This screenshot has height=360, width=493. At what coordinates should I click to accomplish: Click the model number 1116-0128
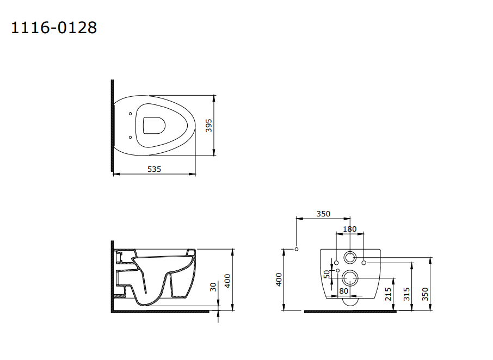click(54, 28)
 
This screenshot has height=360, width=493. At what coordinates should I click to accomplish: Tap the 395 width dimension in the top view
click(209, 126)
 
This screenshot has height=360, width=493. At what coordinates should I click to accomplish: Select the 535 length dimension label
click(154, 169)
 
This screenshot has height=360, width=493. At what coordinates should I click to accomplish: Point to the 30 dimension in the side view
click(213, 287)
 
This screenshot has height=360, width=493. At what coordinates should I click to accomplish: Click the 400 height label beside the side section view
click(227, 281)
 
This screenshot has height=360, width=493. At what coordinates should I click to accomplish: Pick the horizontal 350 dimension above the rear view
click(323, 214)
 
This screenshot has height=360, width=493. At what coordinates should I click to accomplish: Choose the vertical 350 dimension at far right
click(425, 294)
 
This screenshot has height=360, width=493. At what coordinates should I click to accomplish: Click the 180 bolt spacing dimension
click(350, 229)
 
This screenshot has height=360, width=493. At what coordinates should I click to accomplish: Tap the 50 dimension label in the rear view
click(327, 274)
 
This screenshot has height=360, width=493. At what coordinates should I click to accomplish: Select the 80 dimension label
click(344, 291)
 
